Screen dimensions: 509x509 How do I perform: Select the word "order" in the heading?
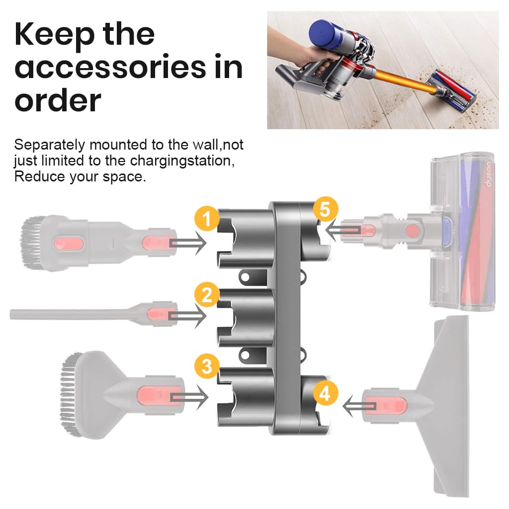tap(58, 100)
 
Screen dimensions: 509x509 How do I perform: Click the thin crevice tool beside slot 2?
tap(75, 314)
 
